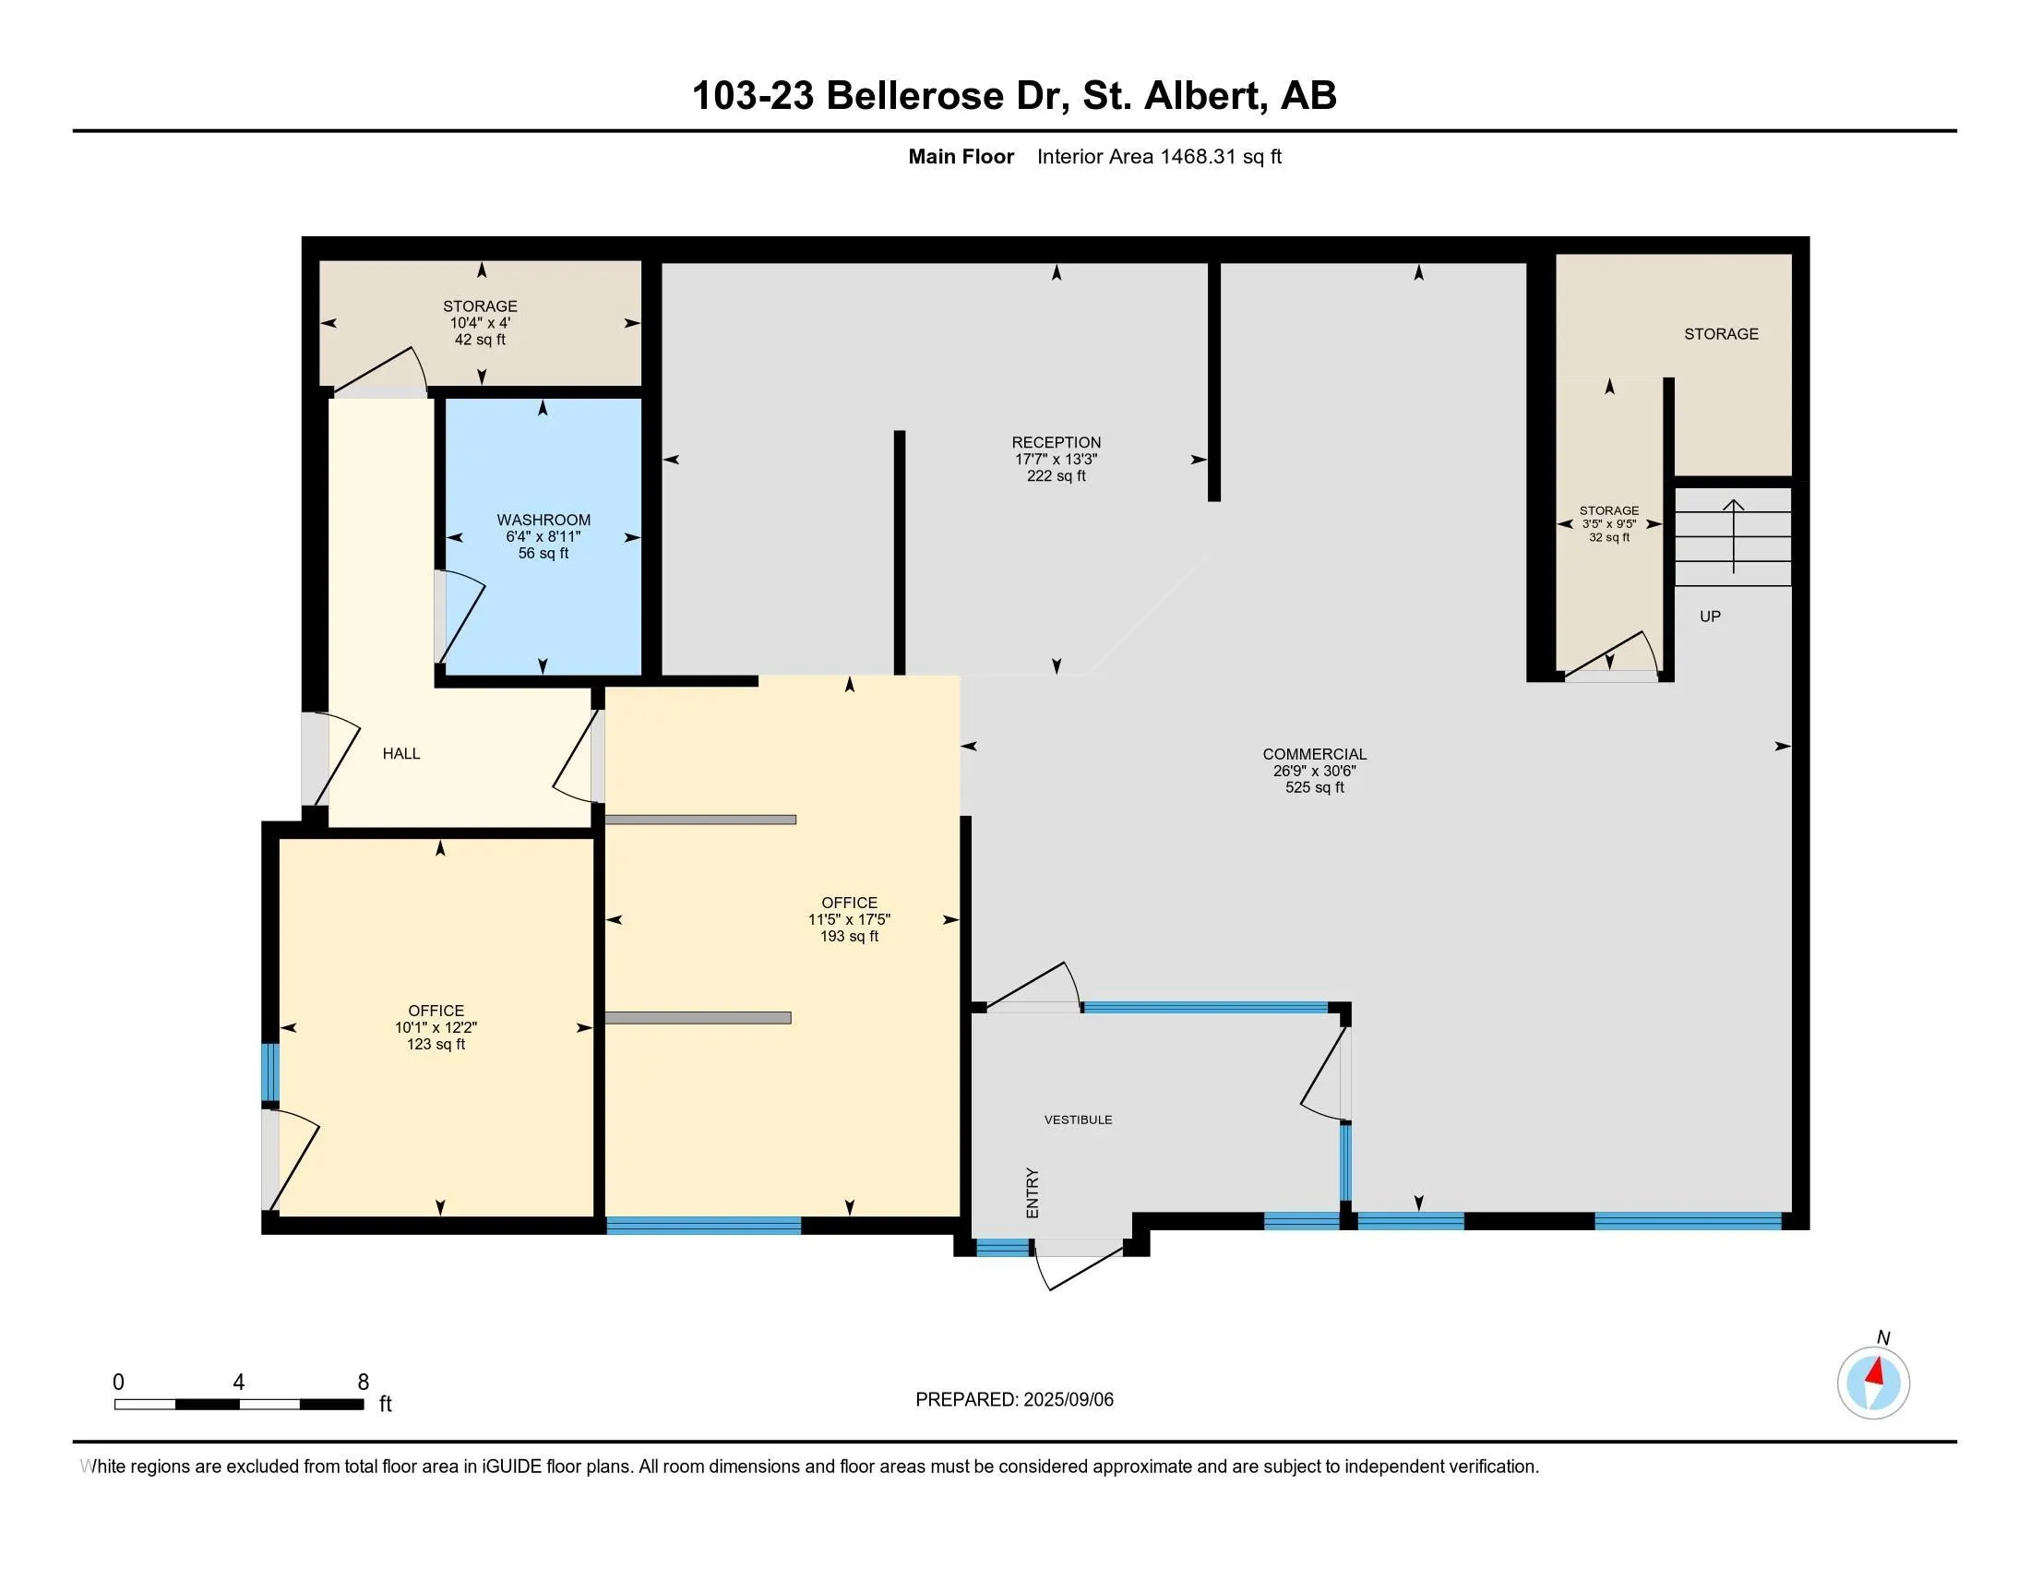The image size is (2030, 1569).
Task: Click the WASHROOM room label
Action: (543, 520)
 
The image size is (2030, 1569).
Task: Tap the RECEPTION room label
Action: (1056, 442)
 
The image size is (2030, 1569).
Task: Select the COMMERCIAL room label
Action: (1314, 754)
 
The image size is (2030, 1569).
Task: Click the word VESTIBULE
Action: (1078, 1120)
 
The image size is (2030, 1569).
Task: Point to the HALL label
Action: (401, 754)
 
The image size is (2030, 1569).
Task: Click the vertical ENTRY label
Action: (1032, 1193)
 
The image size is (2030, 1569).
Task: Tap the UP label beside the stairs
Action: (1710, 617)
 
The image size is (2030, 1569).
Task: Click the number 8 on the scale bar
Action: (364, 1383)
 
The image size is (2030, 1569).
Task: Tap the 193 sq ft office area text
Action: (849, 936)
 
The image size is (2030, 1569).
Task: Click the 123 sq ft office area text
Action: (436, 1044)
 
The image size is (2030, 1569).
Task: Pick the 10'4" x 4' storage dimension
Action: (481, 322)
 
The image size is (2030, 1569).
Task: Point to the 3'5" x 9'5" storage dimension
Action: (1609, 524)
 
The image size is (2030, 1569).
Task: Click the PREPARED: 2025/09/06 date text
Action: (1014, 1400)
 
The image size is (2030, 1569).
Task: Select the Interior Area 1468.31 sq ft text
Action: (1159, 157)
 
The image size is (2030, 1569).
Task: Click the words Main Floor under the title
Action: (961, 157)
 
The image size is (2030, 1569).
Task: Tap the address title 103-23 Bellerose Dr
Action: (879, 96)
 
